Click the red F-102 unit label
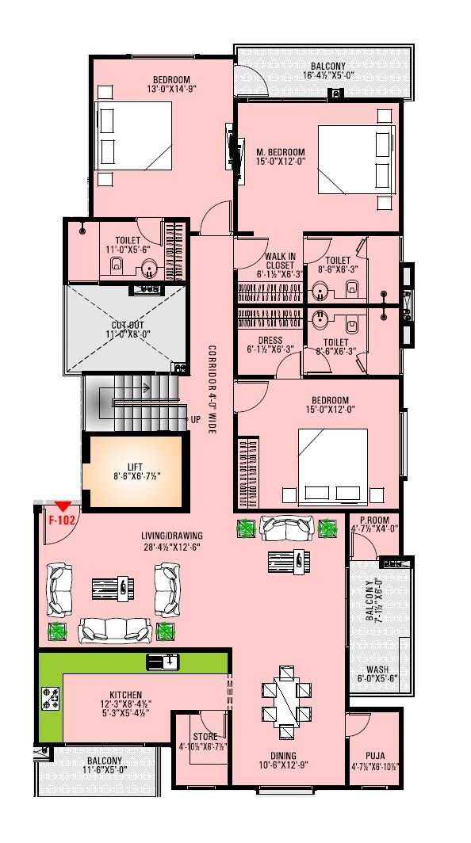tap(61, 521)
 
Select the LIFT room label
tap(134, 467)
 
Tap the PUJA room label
tap(375, 756)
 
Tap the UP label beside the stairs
tap(194, 420)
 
